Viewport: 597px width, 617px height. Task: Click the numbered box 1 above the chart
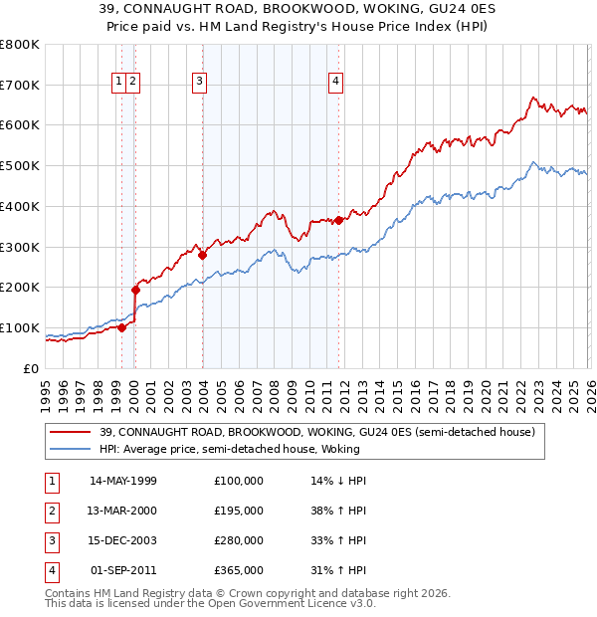[x=119, y=82]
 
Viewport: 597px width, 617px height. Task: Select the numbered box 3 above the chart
[x=200, y=82]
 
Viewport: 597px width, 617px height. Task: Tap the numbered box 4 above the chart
[x=336, y=82]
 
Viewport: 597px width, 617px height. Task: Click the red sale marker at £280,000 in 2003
[x=203, y=255]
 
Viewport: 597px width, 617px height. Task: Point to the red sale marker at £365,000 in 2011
[x=339, y=220]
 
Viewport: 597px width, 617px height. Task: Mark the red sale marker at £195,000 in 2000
[x=136, y=290]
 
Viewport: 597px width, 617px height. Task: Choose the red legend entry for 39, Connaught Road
[x=317, y=432]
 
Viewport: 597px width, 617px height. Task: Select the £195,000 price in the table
[x=238, y=511]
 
